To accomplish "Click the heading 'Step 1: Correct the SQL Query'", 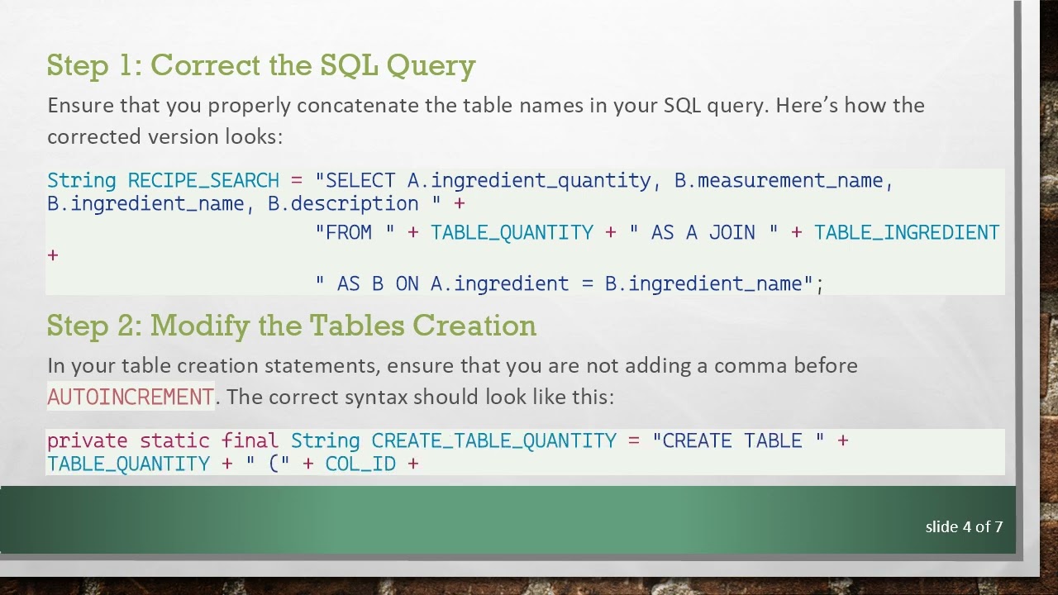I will click(261, 65).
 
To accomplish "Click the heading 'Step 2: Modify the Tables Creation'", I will click(291, 326).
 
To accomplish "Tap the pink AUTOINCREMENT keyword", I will click(131, 397).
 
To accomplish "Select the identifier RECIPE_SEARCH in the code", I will click(203, 180).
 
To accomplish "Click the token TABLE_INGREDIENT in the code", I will click(907, 232).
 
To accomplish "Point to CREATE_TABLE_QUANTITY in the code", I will click(493, 440).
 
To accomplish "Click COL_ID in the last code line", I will click(360, 464).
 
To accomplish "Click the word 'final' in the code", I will click(250, 440).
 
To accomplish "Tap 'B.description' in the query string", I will click(343, 203).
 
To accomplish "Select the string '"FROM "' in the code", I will click(355, 232).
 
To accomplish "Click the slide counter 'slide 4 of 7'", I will click(964, 526).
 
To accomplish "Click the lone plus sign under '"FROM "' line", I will click(53, 255).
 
